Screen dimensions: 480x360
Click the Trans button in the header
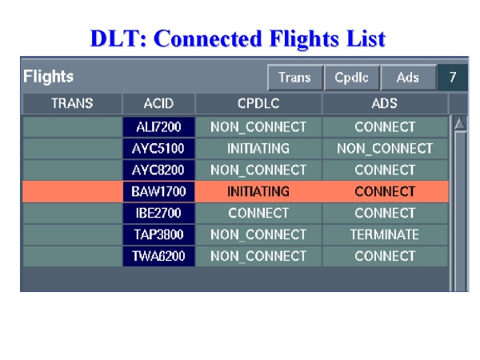tap(295, 78)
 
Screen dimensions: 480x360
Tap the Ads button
tap(408, 78)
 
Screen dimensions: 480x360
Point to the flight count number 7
tap(453, 78)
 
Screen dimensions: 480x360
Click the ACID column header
tap(158, 103)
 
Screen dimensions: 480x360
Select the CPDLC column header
tap(258, 103)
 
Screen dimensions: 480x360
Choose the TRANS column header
tap(72, 103)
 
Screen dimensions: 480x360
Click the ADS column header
tap(385, 103)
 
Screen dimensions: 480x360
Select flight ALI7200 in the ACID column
tap(158, 126)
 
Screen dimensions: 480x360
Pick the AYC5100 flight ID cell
tap(158, 149)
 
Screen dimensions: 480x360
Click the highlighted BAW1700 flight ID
tap(158, 192)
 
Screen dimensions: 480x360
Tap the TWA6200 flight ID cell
tap(158, 256)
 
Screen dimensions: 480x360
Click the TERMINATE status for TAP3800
tap(385, 234)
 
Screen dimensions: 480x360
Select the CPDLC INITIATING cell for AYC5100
tap(258, 149)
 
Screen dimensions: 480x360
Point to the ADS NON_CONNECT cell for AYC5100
tap(385, 149)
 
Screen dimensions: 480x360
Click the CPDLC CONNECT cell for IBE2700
tap(258, 213)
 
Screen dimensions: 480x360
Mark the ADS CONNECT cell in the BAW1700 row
tap(385, 192)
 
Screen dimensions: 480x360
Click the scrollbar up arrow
tap(460, 124)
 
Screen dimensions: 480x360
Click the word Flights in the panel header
tap(48, 76)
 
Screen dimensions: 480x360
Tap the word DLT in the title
tap(118, 38)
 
